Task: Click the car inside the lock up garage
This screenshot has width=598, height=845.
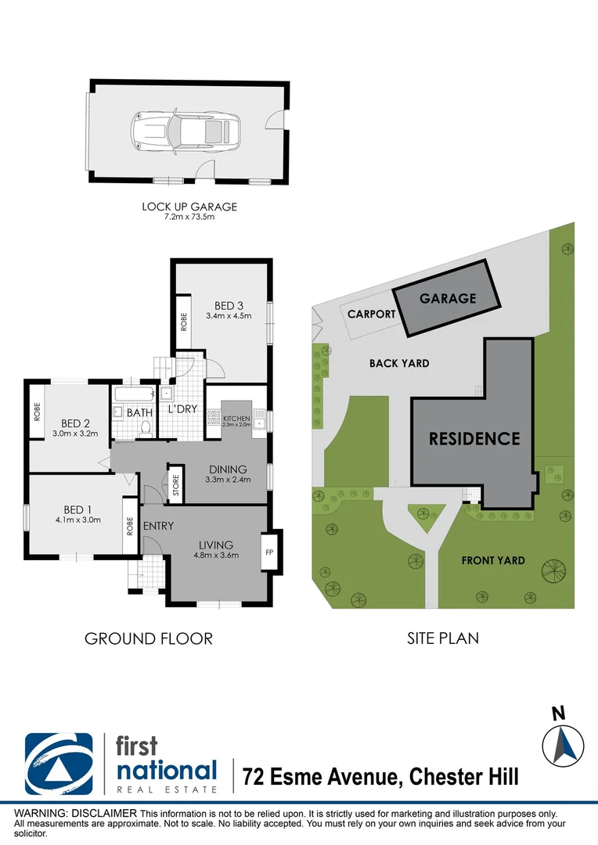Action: pyautogui.click(x=186, y=130)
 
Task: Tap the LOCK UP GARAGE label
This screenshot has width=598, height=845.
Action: pyautogui.click(x=189, y=207)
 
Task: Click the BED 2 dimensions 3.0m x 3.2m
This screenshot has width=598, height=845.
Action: pyautogui.click(x=74, y=433)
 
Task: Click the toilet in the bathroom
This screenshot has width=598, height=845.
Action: pyautogui.click(x=145, y=428)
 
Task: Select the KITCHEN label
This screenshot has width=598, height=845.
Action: pyautogui.click(x=236, y=419)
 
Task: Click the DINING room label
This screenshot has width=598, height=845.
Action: pyautogui.click(x=228, y=469)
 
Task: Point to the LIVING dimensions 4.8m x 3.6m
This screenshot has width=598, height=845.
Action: pyautogui.click(x=217, y=555)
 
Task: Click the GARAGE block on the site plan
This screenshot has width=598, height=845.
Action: pyautogui.click(x=447, y=298)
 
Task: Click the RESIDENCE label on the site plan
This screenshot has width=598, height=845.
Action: pyautogui.click(x=474, y=438)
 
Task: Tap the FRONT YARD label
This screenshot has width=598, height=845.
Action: pyautogui.click(x=493, y=560)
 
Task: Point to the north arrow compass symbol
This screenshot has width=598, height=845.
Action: pyautogui.click(x=563, y=744)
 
